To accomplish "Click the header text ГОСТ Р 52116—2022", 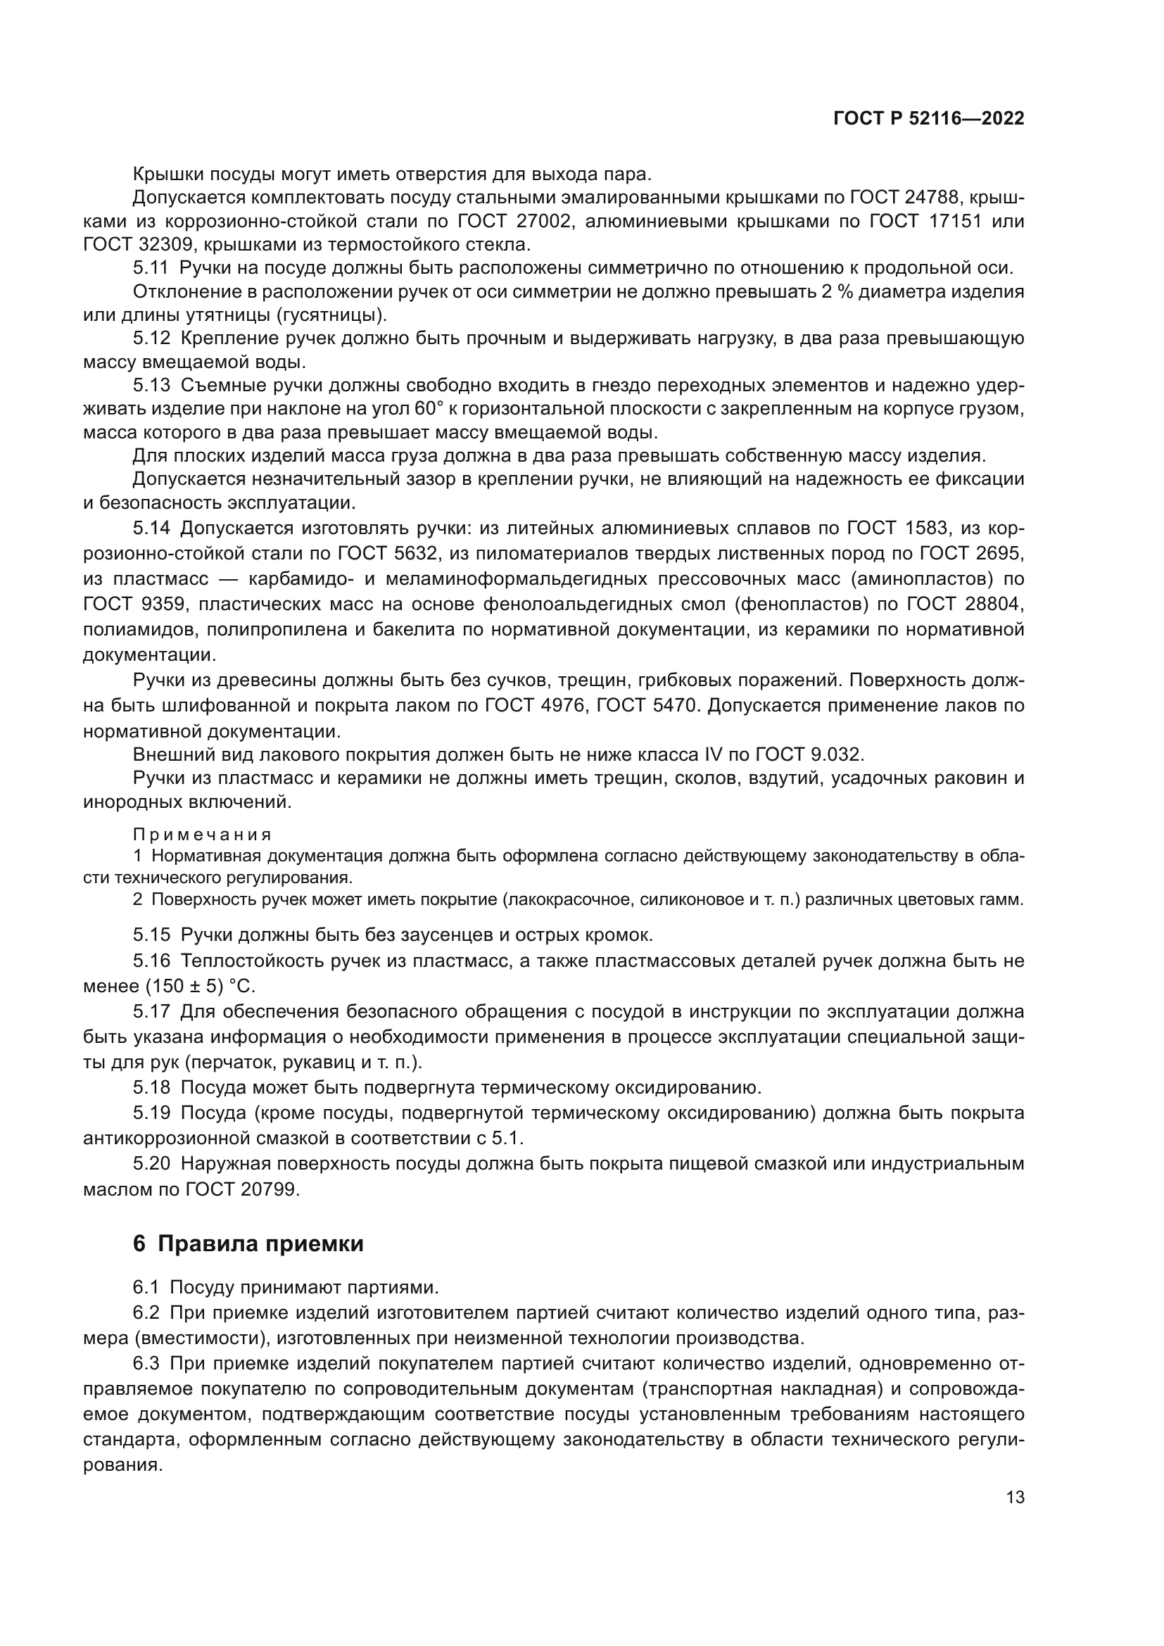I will click(928, 119).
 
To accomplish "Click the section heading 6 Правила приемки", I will click(248, 1243).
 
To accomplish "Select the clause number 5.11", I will click(151, 268).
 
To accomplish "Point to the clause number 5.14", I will click(151, 528).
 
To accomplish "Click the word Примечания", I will click(202, 835).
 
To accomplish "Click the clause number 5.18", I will click(151, 1087).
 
